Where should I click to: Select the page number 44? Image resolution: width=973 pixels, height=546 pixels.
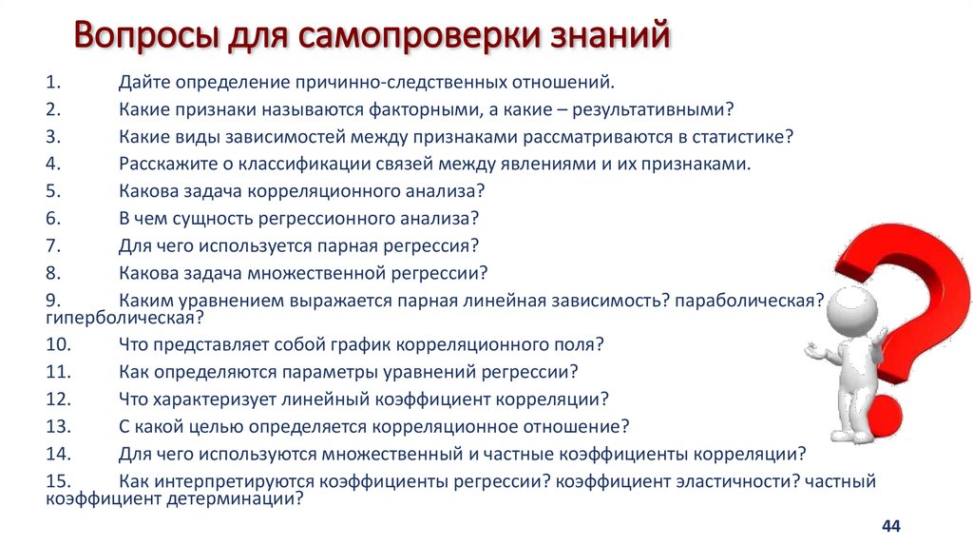pyautogui.click(x=890, y=526)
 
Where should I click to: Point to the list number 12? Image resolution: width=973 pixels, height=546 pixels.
pyautogui.click(x=57, y=398)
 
